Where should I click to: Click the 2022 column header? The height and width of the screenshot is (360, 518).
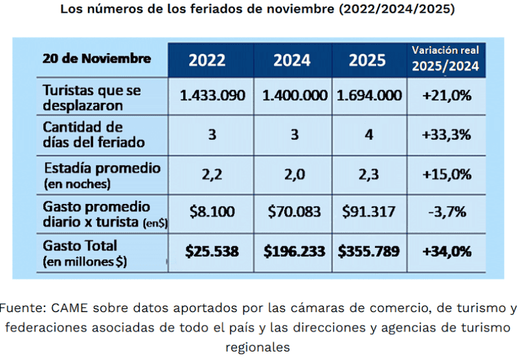[x=207, y=60]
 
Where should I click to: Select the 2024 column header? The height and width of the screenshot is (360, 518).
[x=291, y=60]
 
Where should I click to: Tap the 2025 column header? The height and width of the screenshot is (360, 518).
[x=367, y=60]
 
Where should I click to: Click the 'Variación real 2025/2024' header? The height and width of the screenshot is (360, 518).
[x=445, y=58]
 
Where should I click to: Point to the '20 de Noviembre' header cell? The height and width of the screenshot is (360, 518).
[x=97, y=58]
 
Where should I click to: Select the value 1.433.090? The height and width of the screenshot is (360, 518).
[x=212, y=95]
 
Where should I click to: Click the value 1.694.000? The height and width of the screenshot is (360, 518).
[x=369, y=95]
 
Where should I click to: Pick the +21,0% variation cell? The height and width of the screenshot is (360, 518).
[x=445, y=95]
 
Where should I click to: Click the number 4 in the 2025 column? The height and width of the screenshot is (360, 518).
[x=369, y=135]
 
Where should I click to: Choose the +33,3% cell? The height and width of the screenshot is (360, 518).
[x=445, y=135]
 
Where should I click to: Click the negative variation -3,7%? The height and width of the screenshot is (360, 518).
[x=445, y=211]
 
